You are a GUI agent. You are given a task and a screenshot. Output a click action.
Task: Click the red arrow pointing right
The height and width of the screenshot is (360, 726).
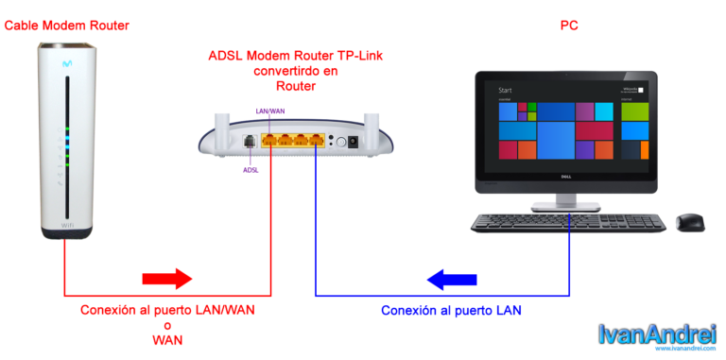(166, 279)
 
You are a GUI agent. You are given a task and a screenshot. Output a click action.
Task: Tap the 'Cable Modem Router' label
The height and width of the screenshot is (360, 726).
(66, 26)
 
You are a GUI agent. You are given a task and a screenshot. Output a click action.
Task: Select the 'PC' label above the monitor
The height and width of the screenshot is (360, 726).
(569, 26)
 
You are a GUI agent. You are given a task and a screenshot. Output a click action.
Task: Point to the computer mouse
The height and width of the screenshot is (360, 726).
(689, 223)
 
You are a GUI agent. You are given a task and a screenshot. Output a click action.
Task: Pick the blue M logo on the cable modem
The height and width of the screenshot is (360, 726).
(67, 59)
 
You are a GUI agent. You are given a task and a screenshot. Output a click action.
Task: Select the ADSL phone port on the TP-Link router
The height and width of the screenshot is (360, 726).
(250, 142)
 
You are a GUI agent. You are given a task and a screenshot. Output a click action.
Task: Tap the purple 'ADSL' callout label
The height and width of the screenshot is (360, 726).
(251, 170)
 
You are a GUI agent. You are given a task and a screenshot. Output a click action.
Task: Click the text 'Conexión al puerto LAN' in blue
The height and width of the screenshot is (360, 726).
(451, 310)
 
